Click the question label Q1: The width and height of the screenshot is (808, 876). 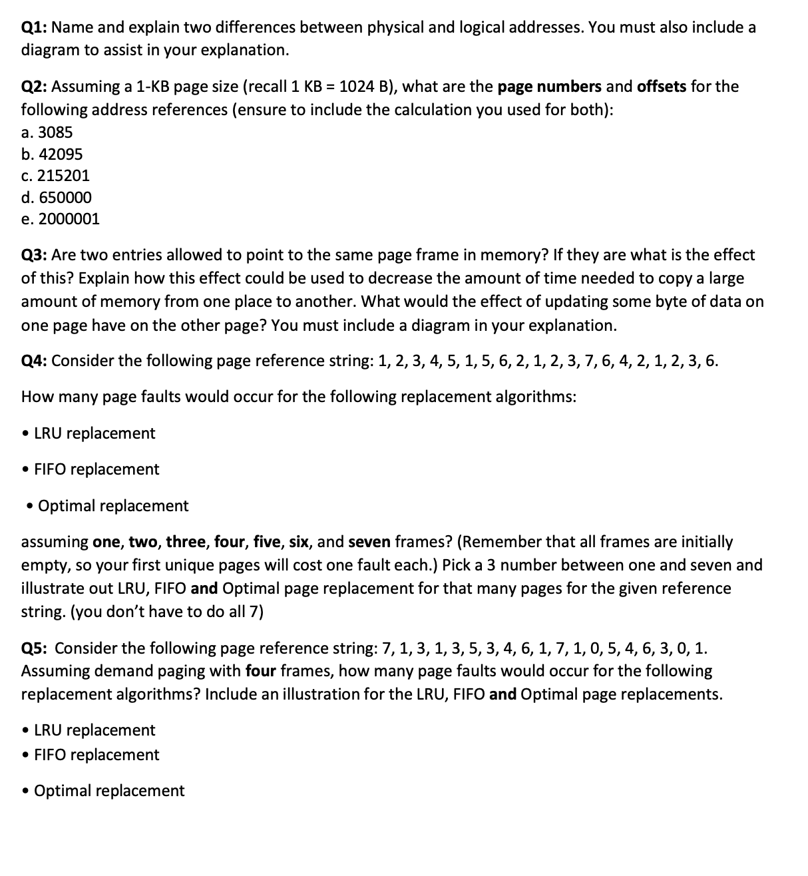click(34, 27)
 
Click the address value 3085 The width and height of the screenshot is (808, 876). click(55, 132)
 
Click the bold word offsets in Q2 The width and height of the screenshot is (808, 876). click(662, 87)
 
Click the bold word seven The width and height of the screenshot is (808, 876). click(369, 542)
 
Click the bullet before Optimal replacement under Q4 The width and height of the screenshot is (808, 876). click(29, 506)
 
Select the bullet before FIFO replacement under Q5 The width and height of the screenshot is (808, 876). click(25, 755)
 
